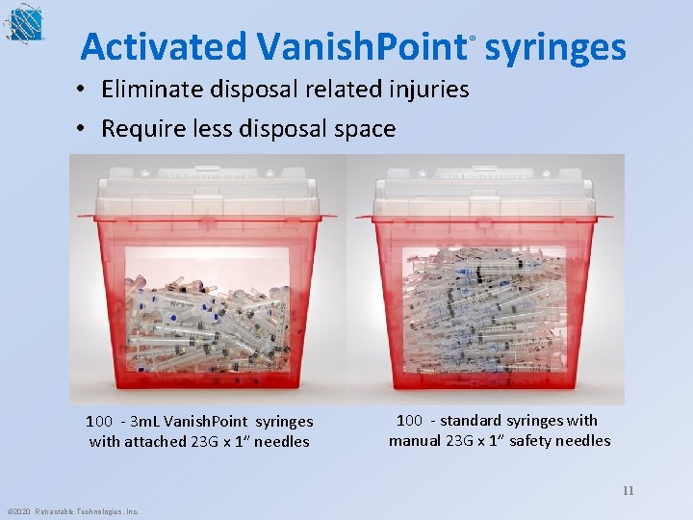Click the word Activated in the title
click(164, 46)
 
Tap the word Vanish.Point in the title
click(361, 46)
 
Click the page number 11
click(628, 490)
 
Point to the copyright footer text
click(72, 511)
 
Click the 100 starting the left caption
click(98, 421)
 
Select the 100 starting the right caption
click(409, 420)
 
